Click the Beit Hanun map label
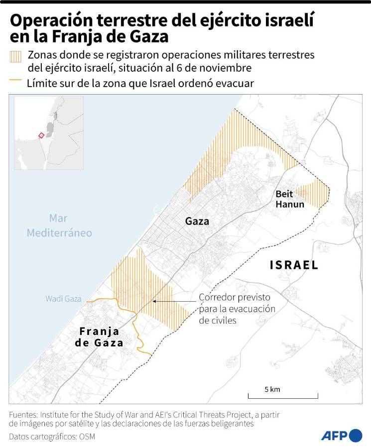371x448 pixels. click(x=289, y=199)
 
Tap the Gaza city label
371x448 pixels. click(x=197, y=221)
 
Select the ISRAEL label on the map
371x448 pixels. click(x=294, y=265)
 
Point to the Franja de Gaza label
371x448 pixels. click(x=99, y=337)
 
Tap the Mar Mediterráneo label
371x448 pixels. click(x=59, y=225)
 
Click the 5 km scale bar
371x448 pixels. click(x=283, y=396)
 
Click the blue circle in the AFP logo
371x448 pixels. click(x=356, y=436)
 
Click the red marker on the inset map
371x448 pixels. click(x=41, y=135)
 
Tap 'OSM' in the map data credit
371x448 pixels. click(x=86, y=437)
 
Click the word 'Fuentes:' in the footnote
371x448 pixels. click(x=23, y=414)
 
